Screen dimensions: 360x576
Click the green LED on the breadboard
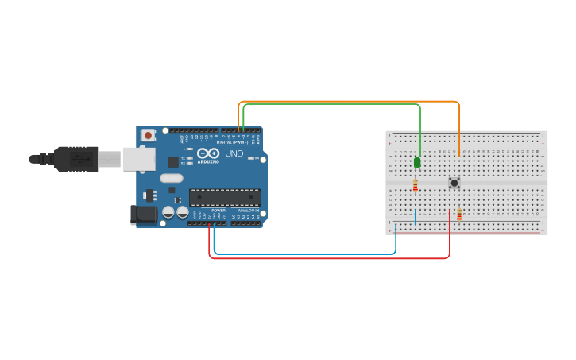click(417, 162)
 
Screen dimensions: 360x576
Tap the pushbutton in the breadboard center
click(454, 183)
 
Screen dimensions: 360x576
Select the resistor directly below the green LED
click(415, 185)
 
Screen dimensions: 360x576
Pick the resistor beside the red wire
click(459, 214)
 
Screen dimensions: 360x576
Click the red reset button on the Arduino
click(148, 136)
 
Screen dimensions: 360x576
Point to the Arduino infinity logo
click(208, 153)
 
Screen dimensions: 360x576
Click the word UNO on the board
click(234, 153)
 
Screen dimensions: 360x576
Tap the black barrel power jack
click(144, 214)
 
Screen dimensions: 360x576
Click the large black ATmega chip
click(224, 197)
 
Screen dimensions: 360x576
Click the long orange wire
click(350, 102)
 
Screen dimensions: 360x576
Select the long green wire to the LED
click(334, 105)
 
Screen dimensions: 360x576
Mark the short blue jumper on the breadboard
click(415, 216)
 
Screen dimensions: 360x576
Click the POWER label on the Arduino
click(218, 211)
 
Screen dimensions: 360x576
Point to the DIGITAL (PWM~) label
click(232, 141)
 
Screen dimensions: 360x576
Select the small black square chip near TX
click(173, 162)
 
